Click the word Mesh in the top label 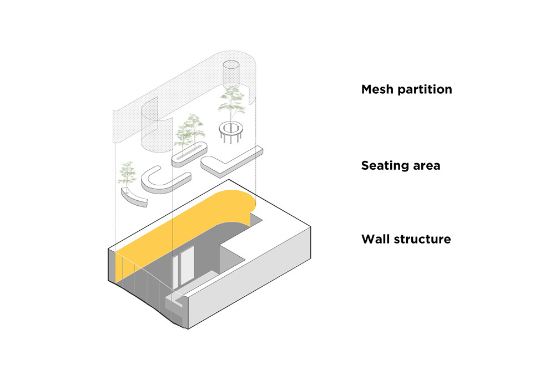[x=378, y=89]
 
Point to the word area [x=427, y=165]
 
